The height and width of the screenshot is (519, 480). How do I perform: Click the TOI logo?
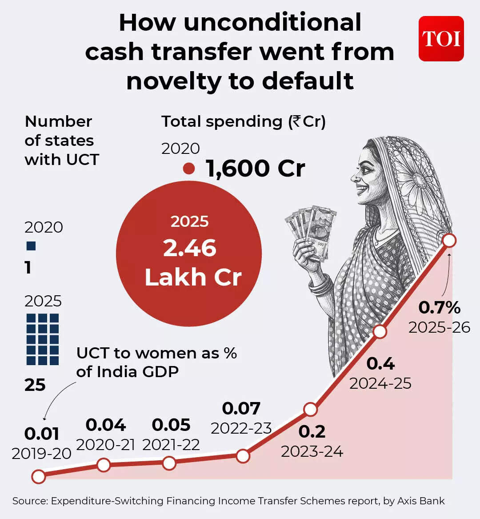[441, 39]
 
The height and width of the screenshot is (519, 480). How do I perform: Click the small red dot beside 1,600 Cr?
[189, 169]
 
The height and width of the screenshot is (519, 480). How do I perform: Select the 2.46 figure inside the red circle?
[189, 248]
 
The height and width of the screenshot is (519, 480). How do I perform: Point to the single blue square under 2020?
[31, 246]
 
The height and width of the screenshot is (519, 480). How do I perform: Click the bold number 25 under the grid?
[35, 385]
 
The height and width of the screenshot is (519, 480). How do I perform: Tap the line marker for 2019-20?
[39, 476]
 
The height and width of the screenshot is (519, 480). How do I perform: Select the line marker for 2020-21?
[104, 465]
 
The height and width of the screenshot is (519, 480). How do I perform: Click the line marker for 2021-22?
[169, 463]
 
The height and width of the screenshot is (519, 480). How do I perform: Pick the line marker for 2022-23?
[243, 456]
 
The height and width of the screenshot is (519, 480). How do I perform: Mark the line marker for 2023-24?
[310, 409]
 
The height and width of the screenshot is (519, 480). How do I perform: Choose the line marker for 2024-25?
[379, 331]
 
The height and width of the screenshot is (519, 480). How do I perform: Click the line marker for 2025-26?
[449, 241]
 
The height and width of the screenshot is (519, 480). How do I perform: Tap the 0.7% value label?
[439, 307]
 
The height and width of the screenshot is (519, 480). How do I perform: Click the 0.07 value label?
[241, 408]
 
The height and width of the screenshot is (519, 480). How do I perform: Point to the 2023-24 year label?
[312, 451]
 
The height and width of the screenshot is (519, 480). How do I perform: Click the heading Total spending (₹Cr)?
[244, 121]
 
